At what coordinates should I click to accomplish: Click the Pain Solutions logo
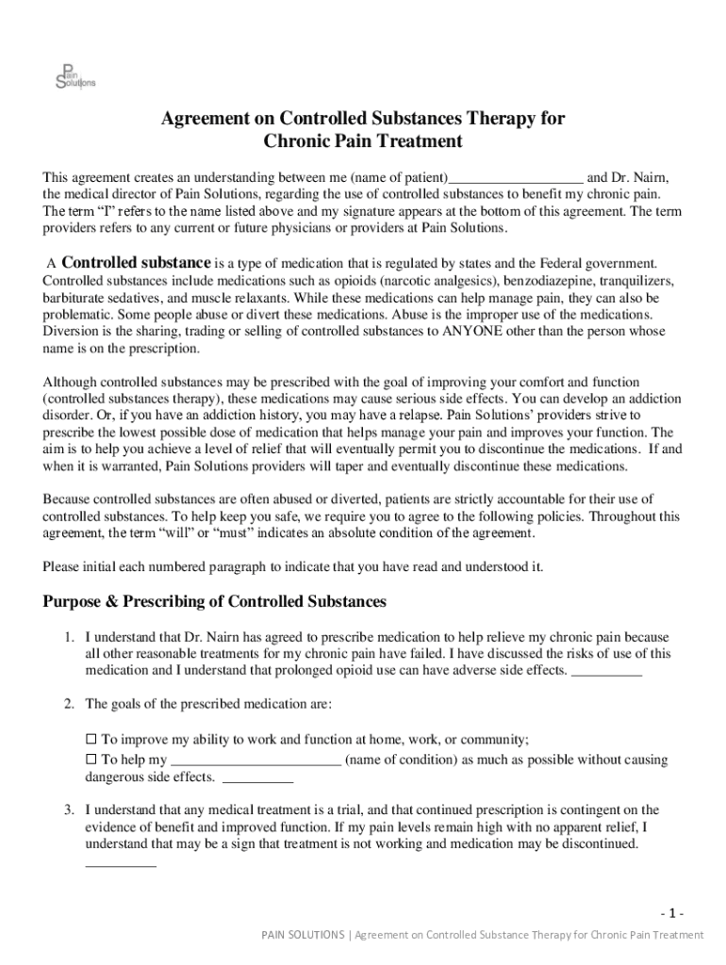tap(74, 73)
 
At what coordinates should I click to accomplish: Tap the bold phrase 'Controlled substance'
tap(137, 262)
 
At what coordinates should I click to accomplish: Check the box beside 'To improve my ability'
tap(91, 740)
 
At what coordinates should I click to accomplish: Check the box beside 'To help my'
tap(91, 760)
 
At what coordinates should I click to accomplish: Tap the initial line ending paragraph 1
tap(607, 673)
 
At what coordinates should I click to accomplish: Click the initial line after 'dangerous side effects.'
tap(257, 780)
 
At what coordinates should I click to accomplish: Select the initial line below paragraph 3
tap(121, 864)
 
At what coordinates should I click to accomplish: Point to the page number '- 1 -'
tap(672, 913)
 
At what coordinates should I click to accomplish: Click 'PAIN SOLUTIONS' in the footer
tap(303, 935)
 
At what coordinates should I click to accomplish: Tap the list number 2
tap(70, 704)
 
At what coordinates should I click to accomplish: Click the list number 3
tap(70, 810)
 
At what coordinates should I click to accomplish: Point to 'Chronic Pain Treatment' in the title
tap(363, 142)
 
